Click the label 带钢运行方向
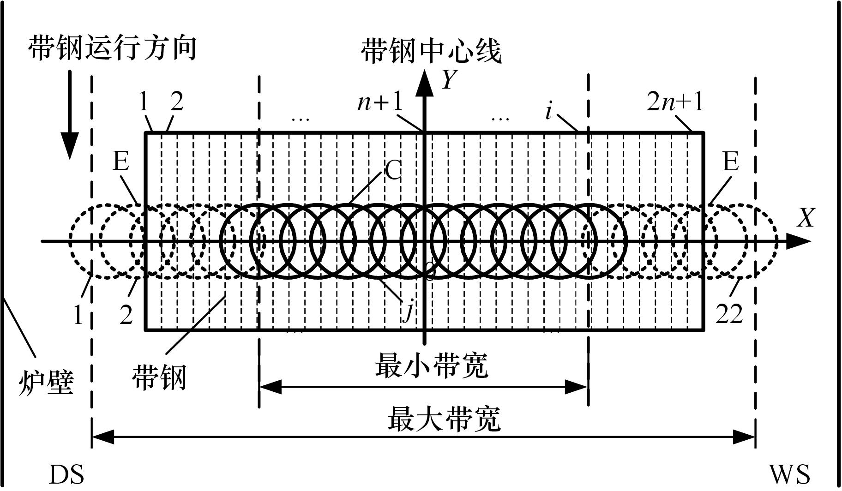point(112,48)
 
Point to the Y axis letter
point(450,80)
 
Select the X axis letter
point(806,218)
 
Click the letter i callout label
point(548,111)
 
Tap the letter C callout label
point(393,171)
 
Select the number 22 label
point(729,314)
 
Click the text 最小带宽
point(432,366)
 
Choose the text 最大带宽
point(444,419)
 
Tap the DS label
point(66,474)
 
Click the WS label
point(789,474)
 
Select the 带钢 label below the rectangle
point(159,377)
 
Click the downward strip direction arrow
point(70,115)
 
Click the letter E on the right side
point(730,162)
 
